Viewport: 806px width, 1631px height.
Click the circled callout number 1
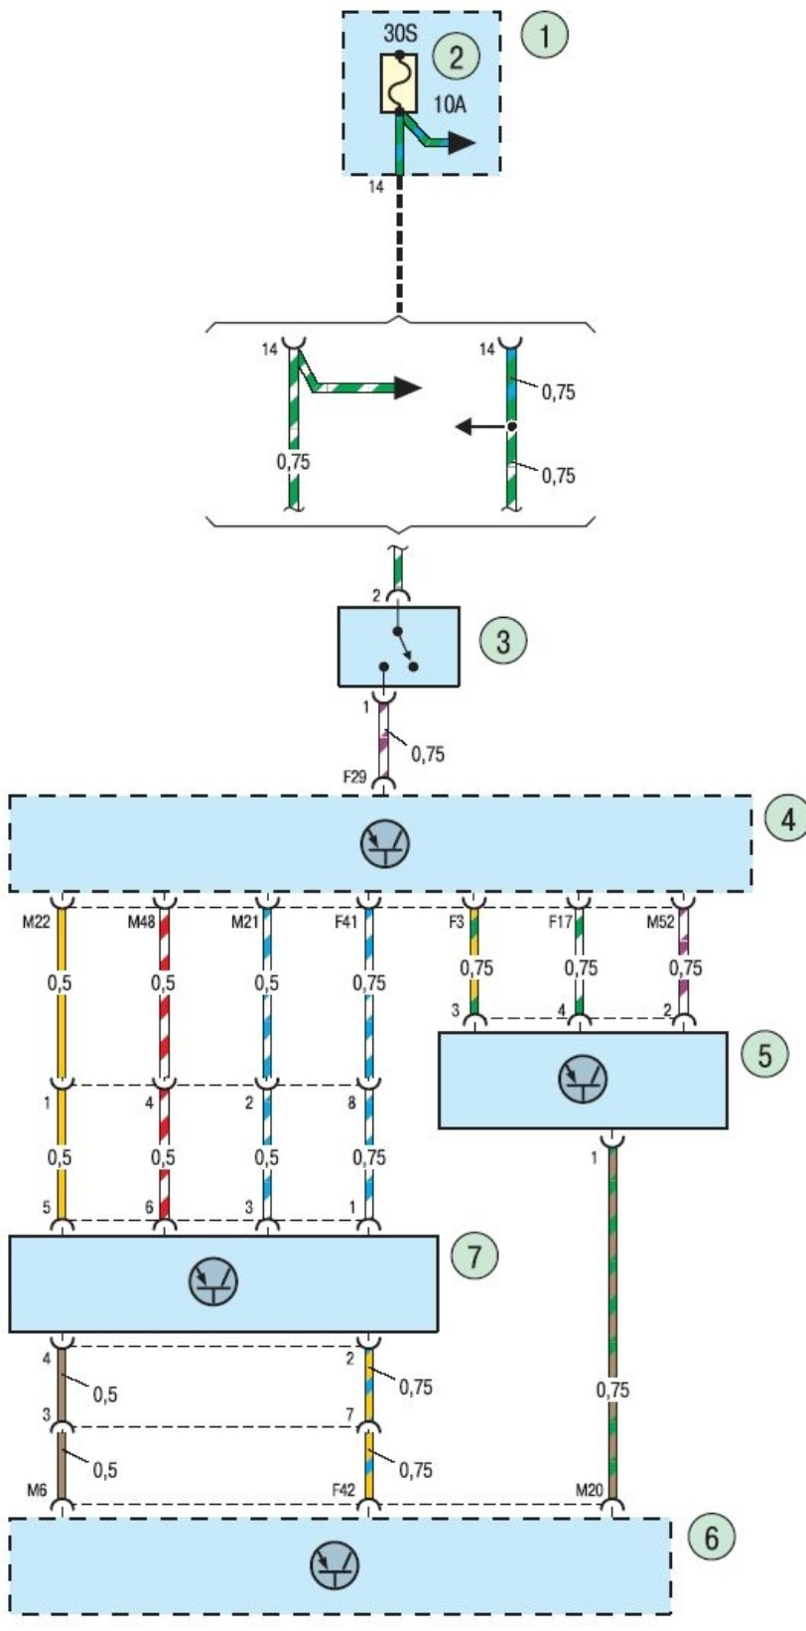tap(545, 37)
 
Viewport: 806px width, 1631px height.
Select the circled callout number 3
tap(502, 641)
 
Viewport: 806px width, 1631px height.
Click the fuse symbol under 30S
tap(399, 83)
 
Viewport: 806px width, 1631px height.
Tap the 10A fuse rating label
tap(450, 103)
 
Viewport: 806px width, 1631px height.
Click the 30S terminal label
tap(401, 32)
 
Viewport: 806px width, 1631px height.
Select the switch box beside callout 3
tap(398, 647)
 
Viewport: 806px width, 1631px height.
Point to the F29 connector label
tap(355, 776)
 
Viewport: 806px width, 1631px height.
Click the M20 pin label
tap(590, 1490)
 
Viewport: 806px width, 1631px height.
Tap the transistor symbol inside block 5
tap(582, 1080)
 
